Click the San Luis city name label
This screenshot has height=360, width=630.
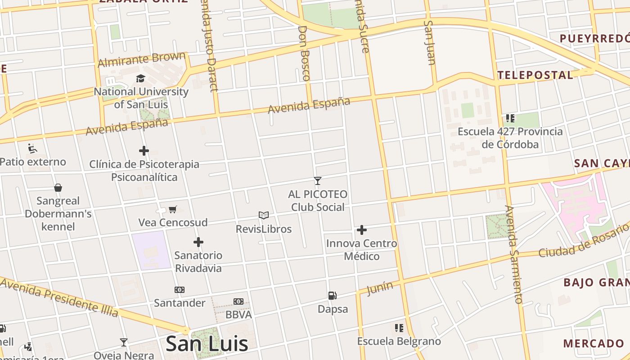[207, 344]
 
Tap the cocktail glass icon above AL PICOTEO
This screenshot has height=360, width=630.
[318, 181]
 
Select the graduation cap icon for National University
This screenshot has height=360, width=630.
[141, 78]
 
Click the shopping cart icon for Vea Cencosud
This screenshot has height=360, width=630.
[173, 209]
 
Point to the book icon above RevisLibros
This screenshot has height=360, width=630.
[264, 216]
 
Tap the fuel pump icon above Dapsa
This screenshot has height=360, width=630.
[333, 296]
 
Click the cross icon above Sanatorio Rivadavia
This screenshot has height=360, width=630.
[198, 242]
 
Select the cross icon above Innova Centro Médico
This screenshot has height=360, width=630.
[362, 230]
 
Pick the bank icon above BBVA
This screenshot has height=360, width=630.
[238, 301]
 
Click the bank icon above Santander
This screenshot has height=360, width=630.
[180, 289]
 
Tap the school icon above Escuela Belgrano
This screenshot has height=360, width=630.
[399, 328]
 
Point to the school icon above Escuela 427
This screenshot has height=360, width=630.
[510, 118]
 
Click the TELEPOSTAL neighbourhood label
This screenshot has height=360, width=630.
[535, 75]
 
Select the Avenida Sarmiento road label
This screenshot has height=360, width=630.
[513, 254]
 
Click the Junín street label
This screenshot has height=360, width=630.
[379, 288]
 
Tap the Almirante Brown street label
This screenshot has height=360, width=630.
[142, 59]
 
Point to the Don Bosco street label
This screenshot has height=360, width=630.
[305, 53]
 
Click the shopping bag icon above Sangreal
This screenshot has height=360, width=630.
[58, 188]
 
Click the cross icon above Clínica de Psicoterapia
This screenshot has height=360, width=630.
[144, 151]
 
